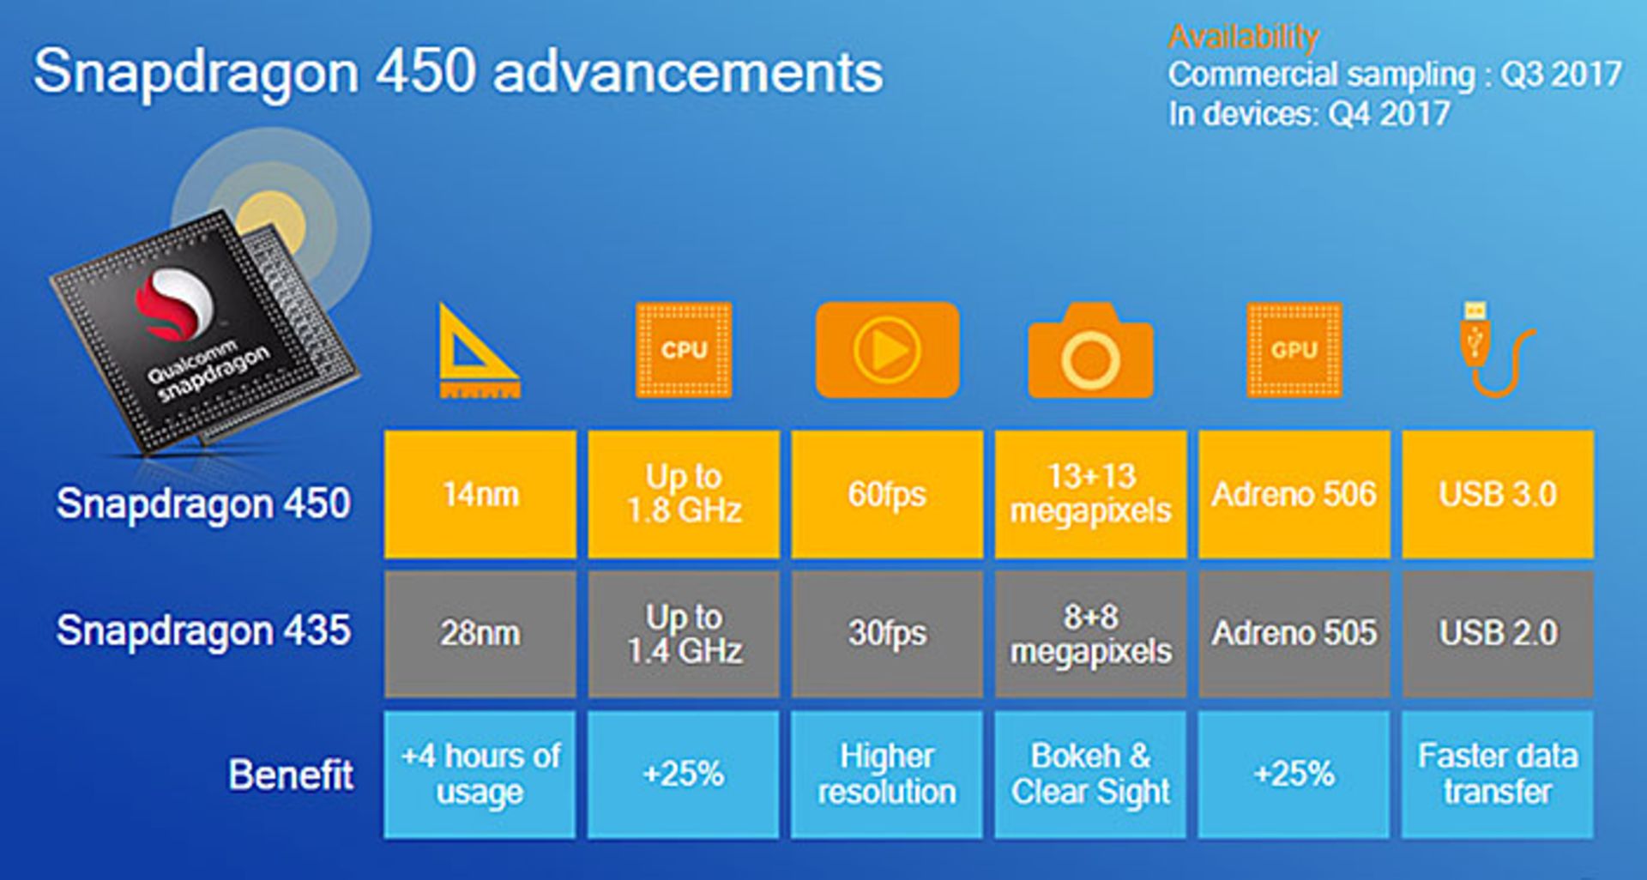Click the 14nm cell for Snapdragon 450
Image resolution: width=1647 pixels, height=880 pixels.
(480, 494)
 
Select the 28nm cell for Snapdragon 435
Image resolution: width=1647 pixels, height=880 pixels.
(480, 634)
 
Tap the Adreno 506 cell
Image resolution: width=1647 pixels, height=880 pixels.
(1294, 494)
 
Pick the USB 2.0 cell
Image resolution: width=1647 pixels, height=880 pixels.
(1498, 634)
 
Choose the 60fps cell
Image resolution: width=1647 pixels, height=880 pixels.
(887, 494)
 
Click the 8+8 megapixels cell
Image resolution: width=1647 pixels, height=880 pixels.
(1090, 634)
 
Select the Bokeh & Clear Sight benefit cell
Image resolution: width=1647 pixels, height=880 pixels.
(1090, 775)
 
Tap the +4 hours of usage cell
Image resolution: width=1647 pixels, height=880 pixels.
(480, 775)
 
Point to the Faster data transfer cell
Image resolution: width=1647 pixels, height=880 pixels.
(1498, 775)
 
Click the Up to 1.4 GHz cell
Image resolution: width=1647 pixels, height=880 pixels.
(684, 634)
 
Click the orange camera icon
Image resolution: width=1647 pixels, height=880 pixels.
(1090, 351)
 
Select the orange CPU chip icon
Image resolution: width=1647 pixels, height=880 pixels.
(684, 350)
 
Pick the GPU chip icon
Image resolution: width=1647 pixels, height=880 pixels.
(1294, 350)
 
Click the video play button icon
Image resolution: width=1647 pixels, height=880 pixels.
(887, 350)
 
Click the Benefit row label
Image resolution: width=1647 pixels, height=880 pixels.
(291, 775)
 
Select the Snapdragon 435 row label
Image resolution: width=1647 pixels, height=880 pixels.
(203, 630)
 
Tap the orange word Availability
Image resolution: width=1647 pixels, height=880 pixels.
(1243, 37)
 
